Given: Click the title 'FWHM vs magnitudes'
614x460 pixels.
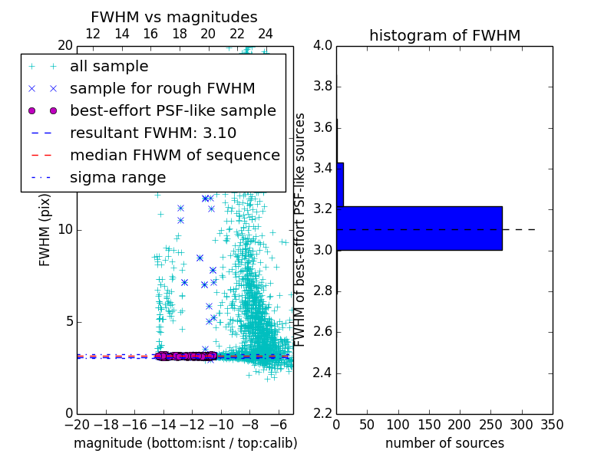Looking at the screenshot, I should click(174, 17).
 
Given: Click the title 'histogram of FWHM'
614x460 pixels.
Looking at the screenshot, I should click(444, 35).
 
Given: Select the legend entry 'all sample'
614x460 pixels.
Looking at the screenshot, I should click(109, 67).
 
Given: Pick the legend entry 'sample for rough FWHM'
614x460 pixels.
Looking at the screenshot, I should click(162, 89).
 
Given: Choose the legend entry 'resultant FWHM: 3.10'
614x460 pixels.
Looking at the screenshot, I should click(153, 133).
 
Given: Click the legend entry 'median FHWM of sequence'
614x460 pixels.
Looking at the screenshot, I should click(174, 155).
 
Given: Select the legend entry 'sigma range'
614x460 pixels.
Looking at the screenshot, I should click(117, 177).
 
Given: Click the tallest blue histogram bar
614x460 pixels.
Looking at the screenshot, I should click(419, 228).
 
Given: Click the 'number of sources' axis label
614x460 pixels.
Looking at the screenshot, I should click(444, 443).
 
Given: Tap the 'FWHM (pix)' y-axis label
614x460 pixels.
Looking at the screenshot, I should click(45, 229).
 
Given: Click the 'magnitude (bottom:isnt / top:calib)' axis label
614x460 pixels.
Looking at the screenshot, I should click(185, 443).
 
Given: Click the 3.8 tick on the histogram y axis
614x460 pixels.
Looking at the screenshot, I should click(322, 87).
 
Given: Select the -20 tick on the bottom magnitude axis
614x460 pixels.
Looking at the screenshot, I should click(77, 424).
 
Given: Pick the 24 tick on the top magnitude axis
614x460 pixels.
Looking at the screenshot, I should click(266, 34).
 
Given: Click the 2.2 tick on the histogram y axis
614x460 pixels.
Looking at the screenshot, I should click(322, 413).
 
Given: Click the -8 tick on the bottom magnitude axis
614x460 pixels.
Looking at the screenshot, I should click(249, 424).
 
